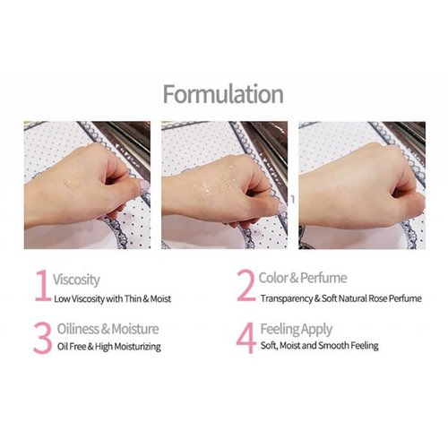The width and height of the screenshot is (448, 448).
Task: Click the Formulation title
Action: tap(224, 95)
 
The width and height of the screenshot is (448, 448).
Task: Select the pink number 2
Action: tap(244, 288)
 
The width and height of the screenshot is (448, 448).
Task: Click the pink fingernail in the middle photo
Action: tap(280, 207)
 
